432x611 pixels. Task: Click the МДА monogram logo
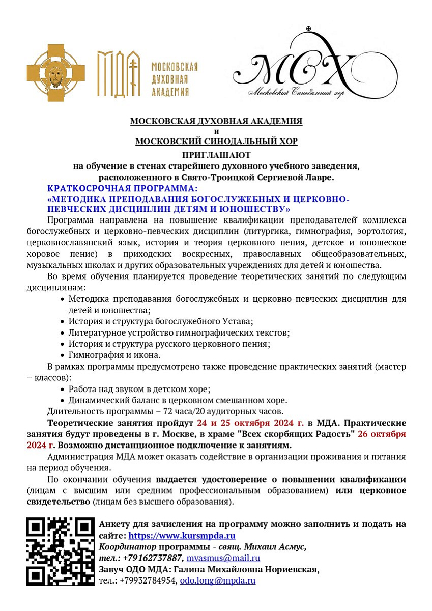point(118,74)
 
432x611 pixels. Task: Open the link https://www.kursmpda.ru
point(182,536)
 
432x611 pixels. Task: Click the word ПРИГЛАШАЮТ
point(216,155)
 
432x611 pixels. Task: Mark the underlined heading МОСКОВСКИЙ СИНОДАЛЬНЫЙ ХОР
point(216,142)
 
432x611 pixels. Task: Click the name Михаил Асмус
point(279,547)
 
